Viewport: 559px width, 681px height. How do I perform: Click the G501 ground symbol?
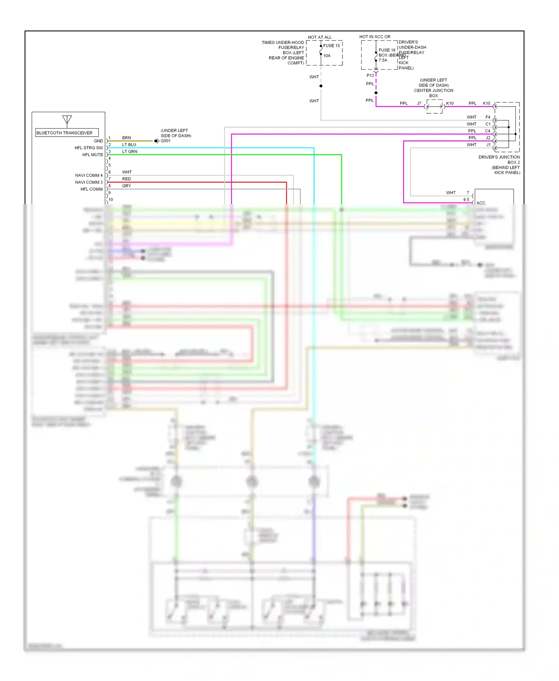coord(157,141)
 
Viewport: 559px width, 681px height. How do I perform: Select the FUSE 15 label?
coord(331,46)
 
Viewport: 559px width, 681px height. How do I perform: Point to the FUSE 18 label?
coord(387,50)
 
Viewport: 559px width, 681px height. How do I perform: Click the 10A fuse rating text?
coord(327,56)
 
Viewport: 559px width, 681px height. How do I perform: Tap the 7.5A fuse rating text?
coord(383,60)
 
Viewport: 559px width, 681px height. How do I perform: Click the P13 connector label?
coord(370,76)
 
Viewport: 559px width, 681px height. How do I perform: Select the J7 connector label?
coord(419,104)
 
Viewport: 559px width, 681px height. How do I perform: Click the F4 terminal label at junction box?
coord(488,117)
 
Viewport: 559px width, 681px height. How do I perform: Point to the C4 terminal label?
coord(487,131)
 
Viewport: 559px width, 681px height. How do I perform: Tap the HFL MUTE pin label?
coord(92,155)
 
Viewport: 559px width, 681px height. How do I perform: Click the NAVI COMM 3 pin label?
coord(89,183)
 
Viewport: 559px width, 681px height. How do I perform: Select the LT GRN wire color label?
coord(130,152)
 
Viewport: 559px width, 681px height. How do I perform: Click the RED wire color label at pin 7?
coord(126,179)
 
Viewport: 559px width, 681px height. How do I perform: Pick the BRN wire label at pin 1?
coord(126,138)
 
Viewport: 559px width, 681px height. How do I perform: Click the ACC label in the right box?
coord(481,203)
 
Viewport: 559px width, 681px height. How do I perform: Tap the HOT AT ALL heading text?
coord(319,37)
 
